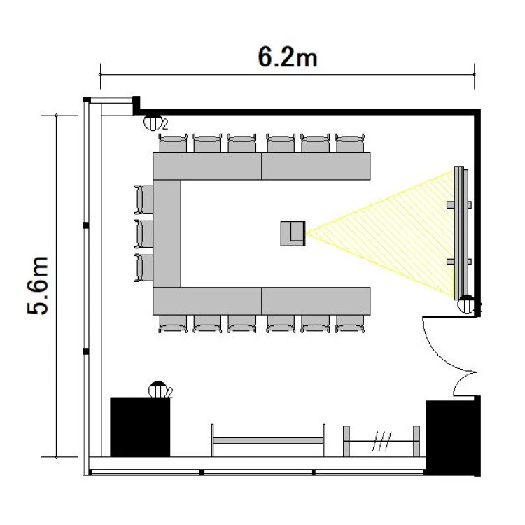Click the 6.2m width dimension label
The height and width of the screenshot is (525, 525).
point(288,57)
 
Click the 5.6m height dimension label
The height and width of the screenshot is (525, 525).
point(38,286)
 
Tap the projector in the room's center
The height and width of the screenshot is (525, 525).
point(293,233)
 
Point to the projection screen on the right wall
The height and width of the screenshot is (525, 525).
point(459,232)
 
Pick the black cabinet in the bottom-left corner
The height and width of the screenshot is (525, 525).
point(140,427)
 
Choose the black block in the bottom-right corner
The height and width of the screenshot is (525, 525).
point(453,437)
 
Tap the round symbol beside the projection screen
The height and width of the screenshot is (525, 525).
point(466,304)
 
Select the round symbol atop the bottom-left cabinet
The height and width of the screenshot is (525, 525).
point(158,390)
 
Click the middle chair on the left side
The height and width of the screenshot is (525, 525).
point(144,234)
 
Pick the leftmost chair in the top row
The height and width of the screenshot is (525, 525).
point(173,143)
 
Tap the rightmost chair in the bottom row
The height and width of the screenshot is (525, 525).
point(350,324)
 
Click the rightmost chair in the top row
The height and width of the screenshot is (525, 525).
point(350,143)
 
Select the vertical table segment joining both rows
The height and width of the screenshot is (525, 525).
point(167,233)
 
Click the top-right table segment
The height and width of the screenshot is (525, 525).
point(316,166)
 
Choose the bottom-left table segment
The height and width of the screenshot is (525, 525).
point(207,301)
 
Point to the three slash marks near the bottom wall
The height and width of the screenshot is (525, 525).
point(381,441)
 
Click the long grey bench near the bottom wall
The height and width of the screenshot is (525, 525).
point(268,440)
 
